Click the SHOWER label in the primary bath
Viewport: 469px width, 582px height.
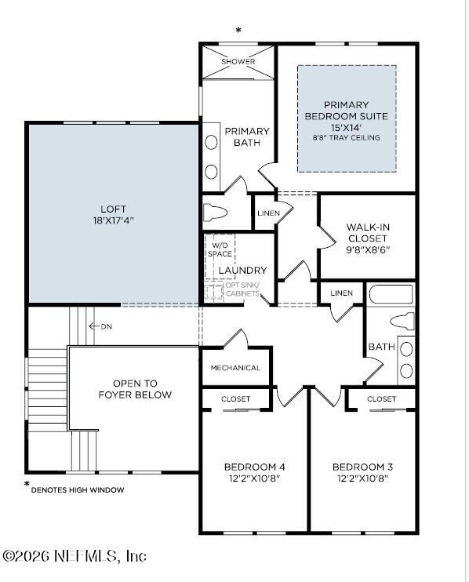click(238, 61)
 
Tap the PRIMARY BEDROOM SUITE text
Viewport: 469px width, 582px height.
click(346, 111)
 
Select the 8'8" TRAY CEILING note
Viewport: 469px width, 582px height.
click(346, 138)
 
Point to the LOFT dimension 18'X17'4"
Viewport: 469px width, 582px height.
click(113, 221)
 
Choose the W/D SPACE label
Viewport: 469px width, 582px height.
click(219, 249)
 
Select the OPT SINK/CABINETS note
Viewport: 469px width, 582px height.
click(242, 289)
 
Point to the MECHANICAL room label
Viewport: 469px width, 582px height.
click(235, 368)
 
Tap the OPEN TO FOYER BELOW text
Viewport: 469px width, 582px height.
click(135, 389)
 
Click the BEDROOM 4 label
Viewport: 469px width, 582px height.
click(253, 467)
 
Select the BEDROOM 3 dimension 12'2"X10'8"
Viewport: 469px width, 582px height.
click(362, 478)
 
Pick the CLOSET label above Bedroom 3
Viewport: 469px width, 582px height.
click(381, 399)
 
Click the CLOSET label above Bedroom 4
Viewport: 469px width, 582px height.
click(235, 399)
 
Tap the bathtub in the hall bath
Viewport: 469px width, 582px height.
click(390, 295)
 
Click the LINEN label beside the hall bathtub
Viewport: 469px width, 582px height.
click(341, 293)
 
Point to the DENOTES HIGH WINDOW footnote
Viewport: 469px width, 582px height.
click(77, 489)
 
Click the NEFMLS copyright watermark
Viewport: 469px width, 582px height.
click(75, 555)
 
